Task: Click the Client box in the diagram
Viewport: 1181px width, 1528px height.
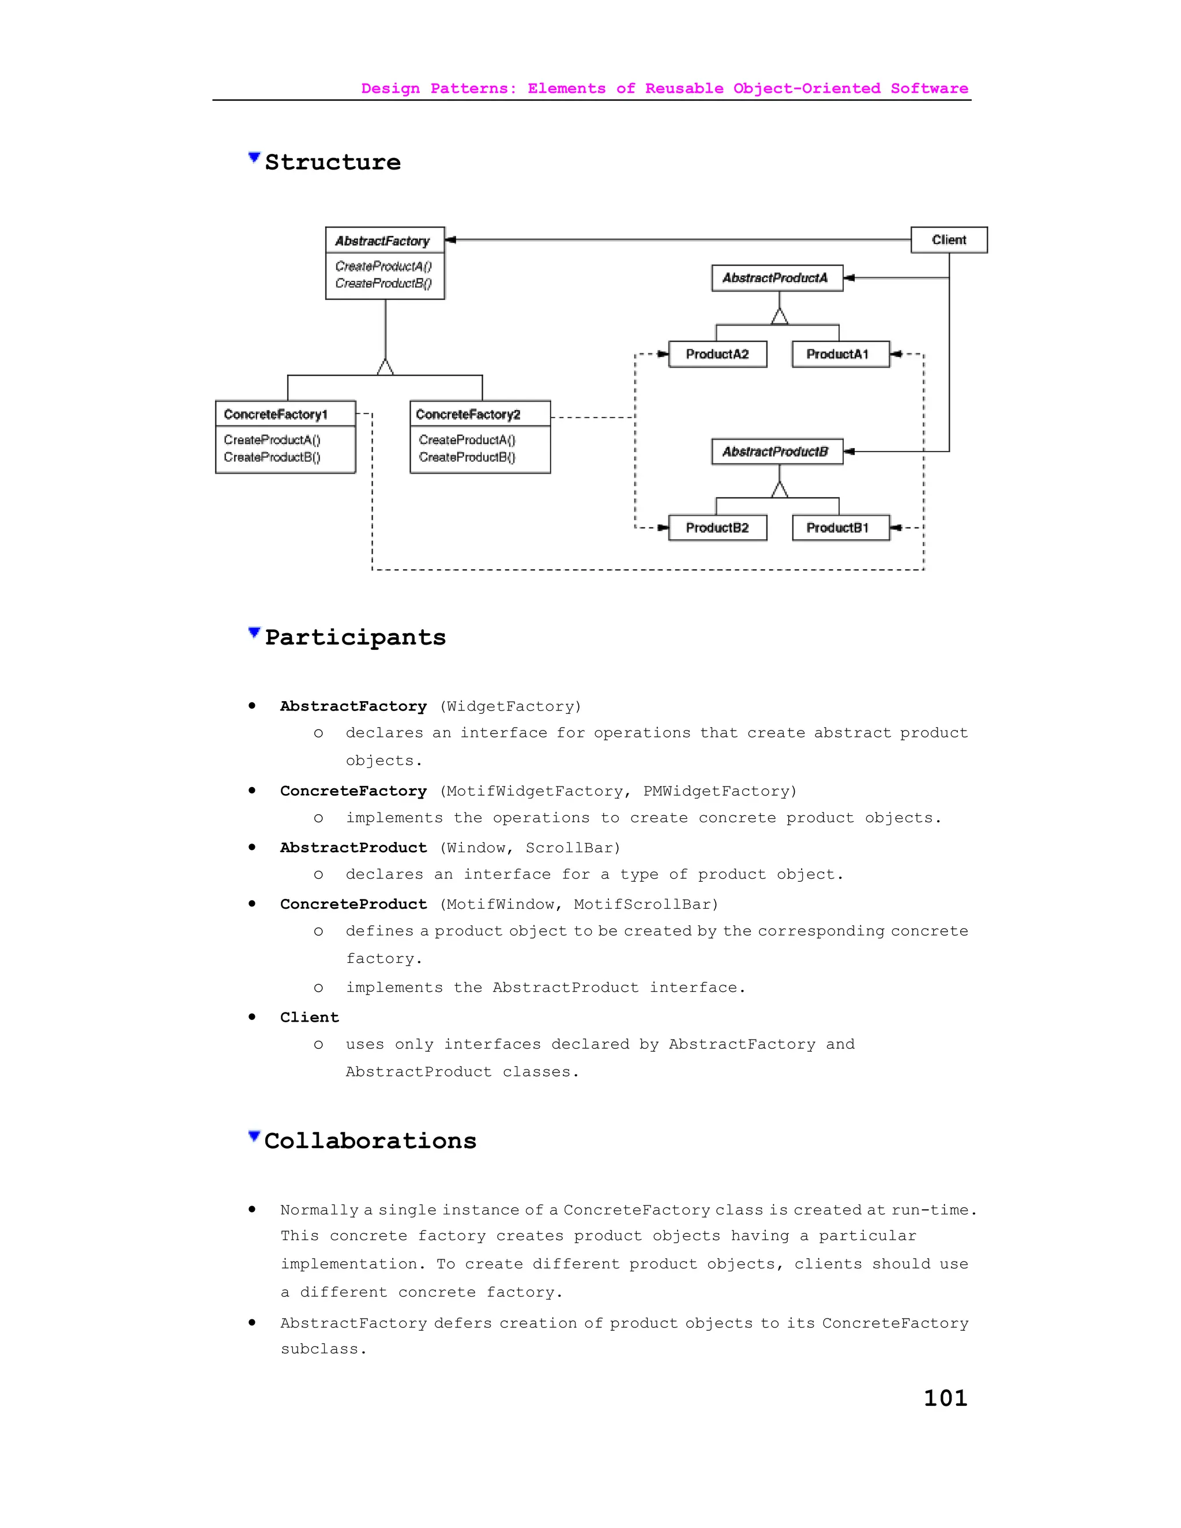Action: pyautogui.click(x=948, y=240)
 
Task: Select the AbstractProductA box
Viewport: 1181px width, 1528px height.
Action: pyautogui.click(x=777, y=278)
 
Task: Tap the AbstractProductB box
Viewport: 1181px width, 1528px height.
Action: pyautogui.click(x=777, y=451)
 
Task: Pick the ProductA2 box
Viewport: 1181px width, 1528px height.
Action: pyautogui.click(x=717, y=354)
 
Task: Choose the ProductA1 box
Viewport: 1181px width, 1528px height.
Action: pyautogui.click(x=840, y=354)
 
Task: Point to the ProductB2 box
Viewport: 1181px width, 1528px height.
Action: pyautogui.click(x=717, y=528)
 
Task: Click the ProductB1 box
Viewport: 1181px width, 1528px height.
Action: pyautogui.click(x=840, y=528)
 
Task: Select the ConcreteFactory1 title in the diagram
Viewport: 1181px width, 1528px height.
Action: pyautogui.click(x=276, y=414)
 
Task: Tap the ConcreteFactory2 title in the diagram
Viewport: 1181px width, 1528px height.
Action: pyautogui.click(x=468, y=414)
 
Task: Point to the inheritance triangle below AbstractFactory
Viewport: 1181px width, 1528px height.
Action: pyautogui.click(x=385, y=367)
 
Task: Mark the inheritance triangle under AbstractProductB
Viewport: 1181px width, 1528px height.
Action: pyautogui.click(x=780, y=490)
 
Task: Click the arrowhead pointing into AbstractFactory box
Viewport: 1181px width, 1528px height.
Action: pyautogui.click(x=450, y=240)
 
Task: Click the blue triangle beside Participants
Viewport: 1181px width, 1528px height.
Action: pyautogui.click(x=254, y=633)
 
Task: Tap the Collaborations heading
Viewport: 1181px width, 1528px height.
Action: pyautogui.click(x=370, y=1141)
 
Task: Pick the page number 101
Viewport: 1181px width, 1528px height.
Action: pyautogui.click(x=945, y=1398)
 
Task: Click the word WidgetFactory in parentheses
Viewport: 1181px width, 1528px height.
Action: pyautogui.click(x=510, y=707)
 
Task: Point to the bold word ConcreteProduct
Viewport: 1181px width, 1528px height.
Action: pyautogui.click(x=353, y=904)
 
